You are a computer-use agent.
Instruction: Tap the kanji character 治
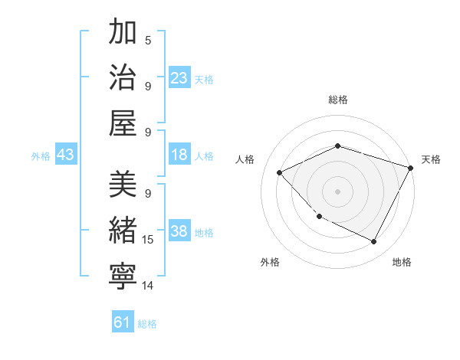pos(123,77)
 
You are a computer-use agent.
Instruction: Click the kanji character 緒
pos(123,231)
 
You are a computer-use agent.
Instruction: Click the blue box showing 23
pos(179,78)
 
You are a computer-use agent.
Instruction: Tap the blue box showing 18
pos(179,155)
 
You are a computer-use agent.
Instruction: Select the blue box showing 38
pos(179,232)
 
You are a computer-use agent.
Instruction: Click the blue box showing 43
pos(66,155)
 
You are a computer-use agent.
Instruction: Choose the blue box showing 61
pos(123,322)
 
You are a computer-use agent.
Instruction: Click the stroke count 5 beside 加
pos(148,40)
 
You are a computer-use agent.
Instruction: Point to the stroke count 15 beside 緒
pos(148,240)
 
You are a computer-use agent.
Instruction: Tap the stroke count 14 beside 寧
pos(148,286)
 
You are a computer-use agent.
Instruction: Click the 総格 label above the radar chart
pos(337,100)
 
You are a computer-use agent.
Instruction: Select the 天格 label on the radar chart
pos(431,159)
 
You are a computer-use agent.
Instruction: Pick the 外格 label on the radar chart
pos(270,262)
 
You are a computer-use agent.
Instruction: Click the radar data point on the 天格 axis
pos(412,168)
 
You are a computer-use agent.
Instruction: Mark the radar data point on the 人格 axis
pos(280,172)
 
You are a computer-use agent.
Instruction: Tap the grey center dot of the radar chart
pos(337,191)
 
